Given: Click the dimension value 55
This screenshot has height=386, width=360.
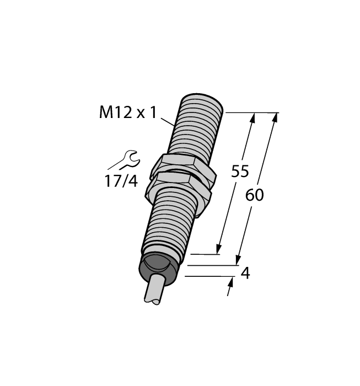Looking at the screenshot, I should point(240,171).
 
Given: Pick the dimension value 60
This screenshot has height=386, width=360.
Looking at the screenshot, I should point(254,195).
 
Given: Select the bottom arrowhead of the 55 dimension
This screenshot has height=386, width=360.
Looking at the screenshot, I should point(220,249).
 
